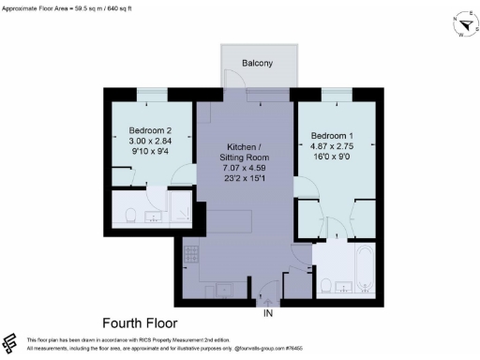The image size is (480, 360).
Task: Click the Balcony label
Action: (x=257, y=64)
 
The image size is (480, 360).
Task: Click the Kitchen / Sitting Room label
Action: (x=246, y=154)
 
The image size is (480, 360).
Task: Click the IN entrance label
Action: (x=269, y=312)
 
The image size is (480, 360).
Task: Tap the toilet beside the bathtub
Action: (x=326, y=284)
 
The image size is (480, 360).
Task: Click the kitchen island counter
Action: (x=229, y=222)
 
